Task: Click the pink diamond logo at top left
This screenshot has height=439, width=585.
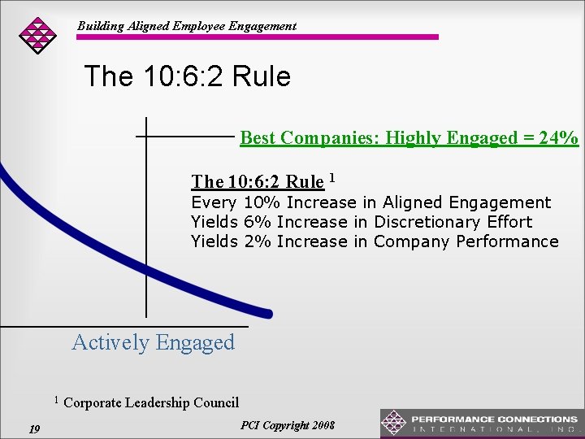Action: (x=37, y=34)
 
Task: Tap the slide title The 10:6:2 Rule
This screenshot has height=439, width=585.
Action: (x=187, y=76)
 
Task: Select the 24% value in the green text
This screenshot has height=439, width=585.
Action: (x=561, y=137)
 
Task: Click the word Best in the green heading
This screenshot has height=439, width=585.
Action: (x=258, y=137)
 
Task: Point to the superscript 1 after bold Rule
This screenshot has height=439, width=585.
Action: (x=334, y=177)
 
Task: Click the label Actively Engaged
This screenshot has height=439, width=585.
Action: (x=153, y=342)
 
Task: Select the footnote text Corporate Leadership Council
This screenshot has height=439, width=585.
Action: (x=150, y=402)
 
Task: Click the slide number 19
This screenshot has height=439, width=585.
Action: (x=34, y=428)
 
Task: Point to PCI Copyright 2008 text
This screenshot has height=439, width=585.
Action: (x=287, y=425)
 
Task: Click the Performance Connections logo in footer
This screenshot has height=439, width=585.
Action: (x=481, y=423)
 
